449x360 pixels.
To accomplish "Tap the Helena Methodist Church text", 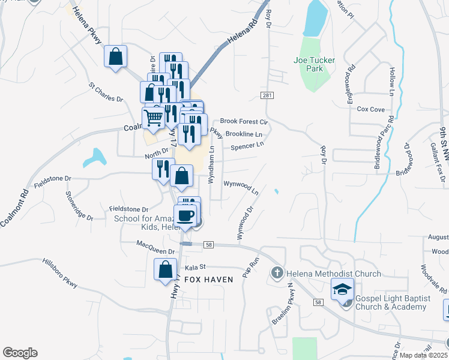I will (334, 274).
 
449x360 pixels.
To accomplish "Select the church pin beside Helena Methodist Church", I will (277, 274).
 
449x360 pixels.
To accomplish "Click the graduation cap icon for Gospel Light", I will (341, 290).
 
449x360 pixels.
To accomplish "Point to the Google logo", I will (20, 353).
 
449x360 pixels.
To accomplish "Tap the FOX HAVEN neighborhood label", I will (209, 280).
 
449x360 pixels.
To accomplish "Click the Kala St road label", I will (196, 266).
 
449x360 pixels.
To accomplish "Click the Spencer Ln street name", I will (247, 145).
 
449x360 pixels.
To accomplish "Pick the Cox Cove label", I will (370, 109).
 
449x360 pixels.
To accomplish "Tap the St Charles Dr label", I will (106, 92).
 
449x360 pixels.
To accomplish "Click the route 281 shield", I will (267, 96).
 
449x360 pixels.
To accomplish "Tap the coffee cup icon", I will (186, 215).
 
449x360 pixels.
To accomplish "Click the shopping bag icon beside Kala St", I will (165, 269).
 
